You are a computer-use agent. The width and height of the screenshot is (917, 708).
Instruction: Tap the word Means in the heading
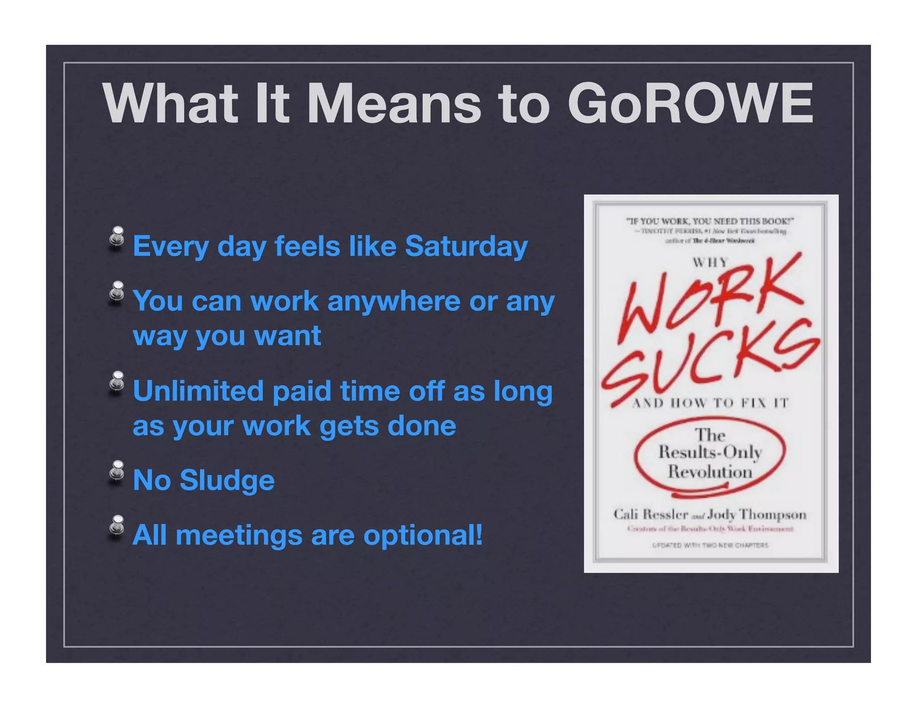(x=394, y=104)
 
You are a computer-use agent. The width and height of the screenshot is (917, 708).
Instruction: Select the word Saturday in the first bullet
(x=466, y=246)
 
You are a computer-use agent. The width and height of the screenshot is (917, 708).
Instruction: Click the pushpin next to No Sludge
(x=117, y=471)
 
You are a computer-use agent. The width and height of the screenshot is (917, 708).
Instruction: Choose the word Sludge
(x=227, y=480)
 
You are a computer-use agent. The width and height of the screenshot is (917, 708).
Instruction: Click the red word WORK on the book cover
(x=710, y=300)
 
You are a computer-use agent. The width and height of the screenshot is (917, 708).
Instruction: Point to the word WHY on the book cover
(x=710, y=262)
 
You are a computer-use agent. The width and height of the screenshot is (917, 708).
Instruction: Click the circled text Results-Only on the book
(x=710, y=452)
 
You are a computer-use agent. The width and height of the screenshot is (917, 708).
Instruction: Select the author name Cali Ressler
(x=650, y=514)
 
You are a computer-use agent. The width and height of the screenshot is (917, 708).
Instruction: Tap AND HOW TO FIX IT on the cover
(x=710, y=403)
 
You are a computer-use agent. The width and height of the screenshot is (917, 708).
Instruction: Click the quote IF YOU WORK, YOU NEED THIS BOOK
(x=710, y=221)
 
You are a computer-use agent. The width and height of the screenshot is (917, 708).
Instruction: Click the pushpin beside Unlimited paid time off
(x=117, y=381)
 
